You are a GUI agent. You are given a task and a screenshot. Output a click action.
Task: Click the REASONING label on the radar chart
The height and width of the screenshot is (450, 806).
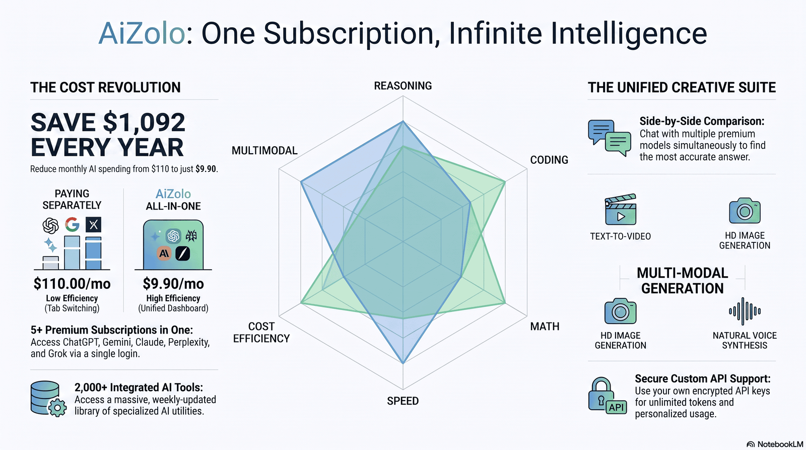coord(402,86)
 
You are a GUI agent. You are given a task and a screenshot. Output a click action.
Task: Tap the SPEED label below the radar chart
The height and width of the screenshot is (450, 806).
coord(402,401)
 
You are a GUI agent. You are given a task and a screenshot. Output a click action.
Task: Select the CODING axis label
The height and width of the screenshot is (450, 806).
coord(549,160)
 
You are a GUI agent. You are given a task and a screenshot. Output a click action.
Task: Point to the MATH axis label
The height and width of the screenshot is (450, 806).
coord(545,326)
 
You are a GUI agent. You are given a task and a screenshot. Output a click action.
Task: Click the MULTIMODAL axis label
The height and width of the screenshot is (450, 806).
coord(264,151)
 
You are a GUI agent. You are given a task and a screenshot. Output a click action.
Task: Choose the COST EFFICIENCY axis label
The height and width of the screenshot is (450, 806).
coord(261,332)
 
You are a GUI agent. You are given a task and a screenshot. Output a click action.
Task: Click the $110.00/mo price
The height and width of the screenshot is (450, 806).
coord(72,284)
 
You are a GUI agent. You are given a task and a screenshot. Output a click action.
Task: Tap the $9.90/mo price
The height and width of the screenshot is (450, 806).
coord(173,284)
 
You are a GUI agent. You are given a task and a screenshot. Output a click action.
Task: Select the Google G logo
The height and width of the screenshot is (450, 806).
coord(73,224)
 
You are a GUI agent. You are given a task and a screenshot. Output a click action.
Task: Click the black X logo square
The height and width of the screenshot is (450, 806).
coord(94,225)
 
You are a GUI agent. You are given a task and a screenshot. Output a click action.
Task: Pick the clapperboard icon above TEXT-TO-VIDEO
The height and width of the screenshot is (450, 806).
coord(621,210)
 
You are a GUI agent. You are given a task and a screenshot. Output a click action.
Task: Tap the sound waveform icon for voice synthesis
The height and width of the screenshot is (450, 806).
coord(745,311)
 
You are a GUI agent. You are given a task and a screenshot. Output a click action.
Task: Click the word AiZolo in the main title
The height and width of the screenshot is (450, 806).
coord(142,33)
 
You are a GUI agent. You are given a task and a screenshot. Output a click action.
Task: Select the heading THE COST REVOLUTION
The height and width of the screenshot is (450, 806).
coord(105,88)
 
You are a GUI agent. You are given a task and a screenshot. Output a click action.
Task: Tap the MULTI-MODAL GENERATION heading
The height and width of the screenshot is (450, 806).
coord(682,281)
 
